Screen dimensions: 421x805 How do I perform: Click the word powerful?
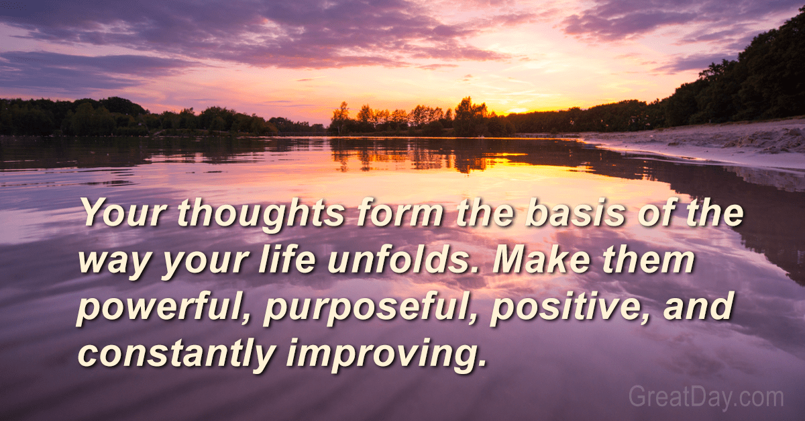tap(164, 308)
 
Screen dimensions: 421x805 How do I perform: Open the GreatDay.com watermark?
tap(706, 397)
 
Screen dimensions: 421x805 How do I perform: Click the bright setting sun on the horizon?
tap(517, 109)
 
